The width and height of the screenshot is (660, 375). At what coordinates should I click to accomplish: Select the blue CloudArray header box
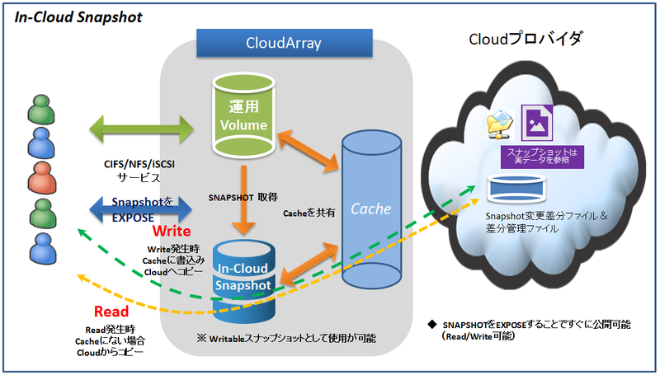click(x=272, y=42)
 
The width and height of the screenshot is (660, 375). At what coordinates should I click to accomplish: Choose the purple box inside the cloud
click(x=544, y=154)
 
